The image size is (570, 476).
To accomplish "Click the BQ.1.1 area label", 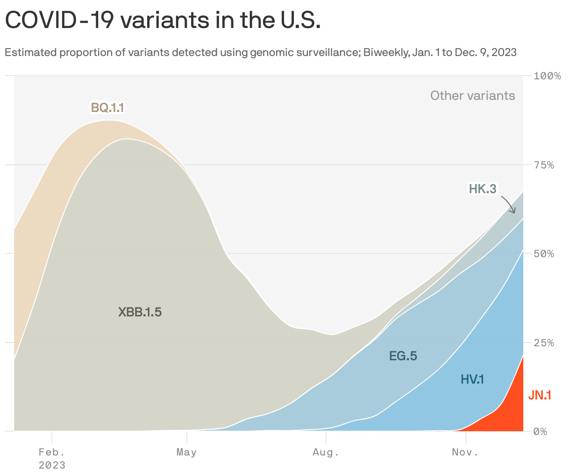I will click(107, 108).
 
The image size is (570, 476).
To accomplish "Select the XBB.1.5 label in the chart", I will click(140, 312).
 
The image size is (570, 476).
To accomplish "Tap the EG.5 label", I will click(403, 357).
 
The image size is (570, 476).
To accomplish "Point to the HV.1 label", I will click(472, 379).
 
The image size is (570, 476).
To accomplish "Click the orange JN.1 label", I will click(540, 395).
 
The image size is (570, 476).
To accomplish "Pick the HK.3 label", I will click(483, 189).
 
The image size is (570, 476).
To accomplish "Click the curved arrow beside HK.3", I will click(509, 204).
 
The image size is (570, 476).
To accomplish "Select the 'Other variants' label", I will click(472, 96).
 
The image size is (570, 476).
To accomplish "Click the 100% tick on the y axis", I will click(547, 76).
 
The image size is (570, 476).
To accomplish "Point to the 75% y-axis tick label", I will click(544, 165).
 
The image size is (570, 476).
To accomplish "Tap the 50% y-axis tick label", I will click(544, 254).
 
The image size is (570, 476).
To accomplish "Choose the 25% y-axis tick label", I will click(544, 343).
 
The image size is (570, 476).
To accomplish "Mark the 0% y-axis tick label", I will click(541, 432).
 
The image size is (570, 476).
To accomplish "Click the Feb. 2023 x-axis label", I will click(52, 458).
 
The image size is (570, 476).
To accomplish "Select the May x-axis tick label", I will click(186, 452).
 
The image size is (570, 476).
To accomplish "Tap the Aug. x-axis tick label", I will click(326, 452).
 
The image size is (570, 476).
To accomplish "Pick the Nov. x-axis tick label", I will click(465, 452).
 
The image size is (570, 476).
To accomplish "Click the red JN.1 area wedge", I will click(512, 411).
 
